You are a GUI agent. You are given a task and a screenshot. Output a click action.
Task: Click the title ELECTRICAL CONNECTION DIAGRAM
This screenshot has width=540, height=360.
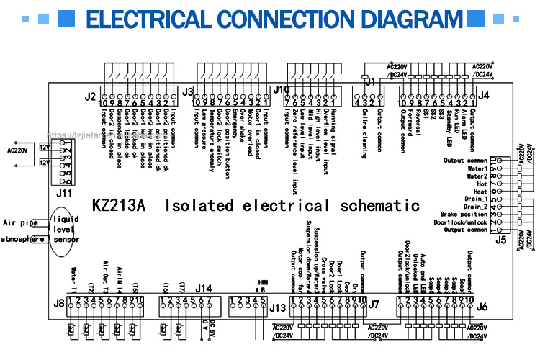coord(270,18)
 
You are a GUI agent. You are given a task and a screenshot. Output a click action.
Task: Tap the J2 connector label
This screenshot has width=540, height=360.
coord(90,96)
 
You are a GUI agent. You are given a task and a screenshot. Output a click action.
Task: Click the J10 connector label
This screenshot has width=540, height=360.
coord(282,90)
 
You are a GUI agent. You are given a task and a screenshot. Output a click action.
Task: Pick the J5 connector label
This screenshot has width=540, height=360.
coord(501,240)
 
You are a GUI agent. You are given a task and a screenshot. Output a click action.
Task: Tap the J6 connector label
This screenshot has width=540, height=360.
coord(482,307)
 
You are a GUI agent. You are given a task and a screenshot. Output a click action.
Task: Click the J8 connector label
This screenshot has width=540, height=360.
coord(59,303)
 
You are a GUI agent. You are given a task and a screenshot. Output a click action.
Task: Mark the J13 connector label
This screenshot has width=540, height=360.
coord(278,307)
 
